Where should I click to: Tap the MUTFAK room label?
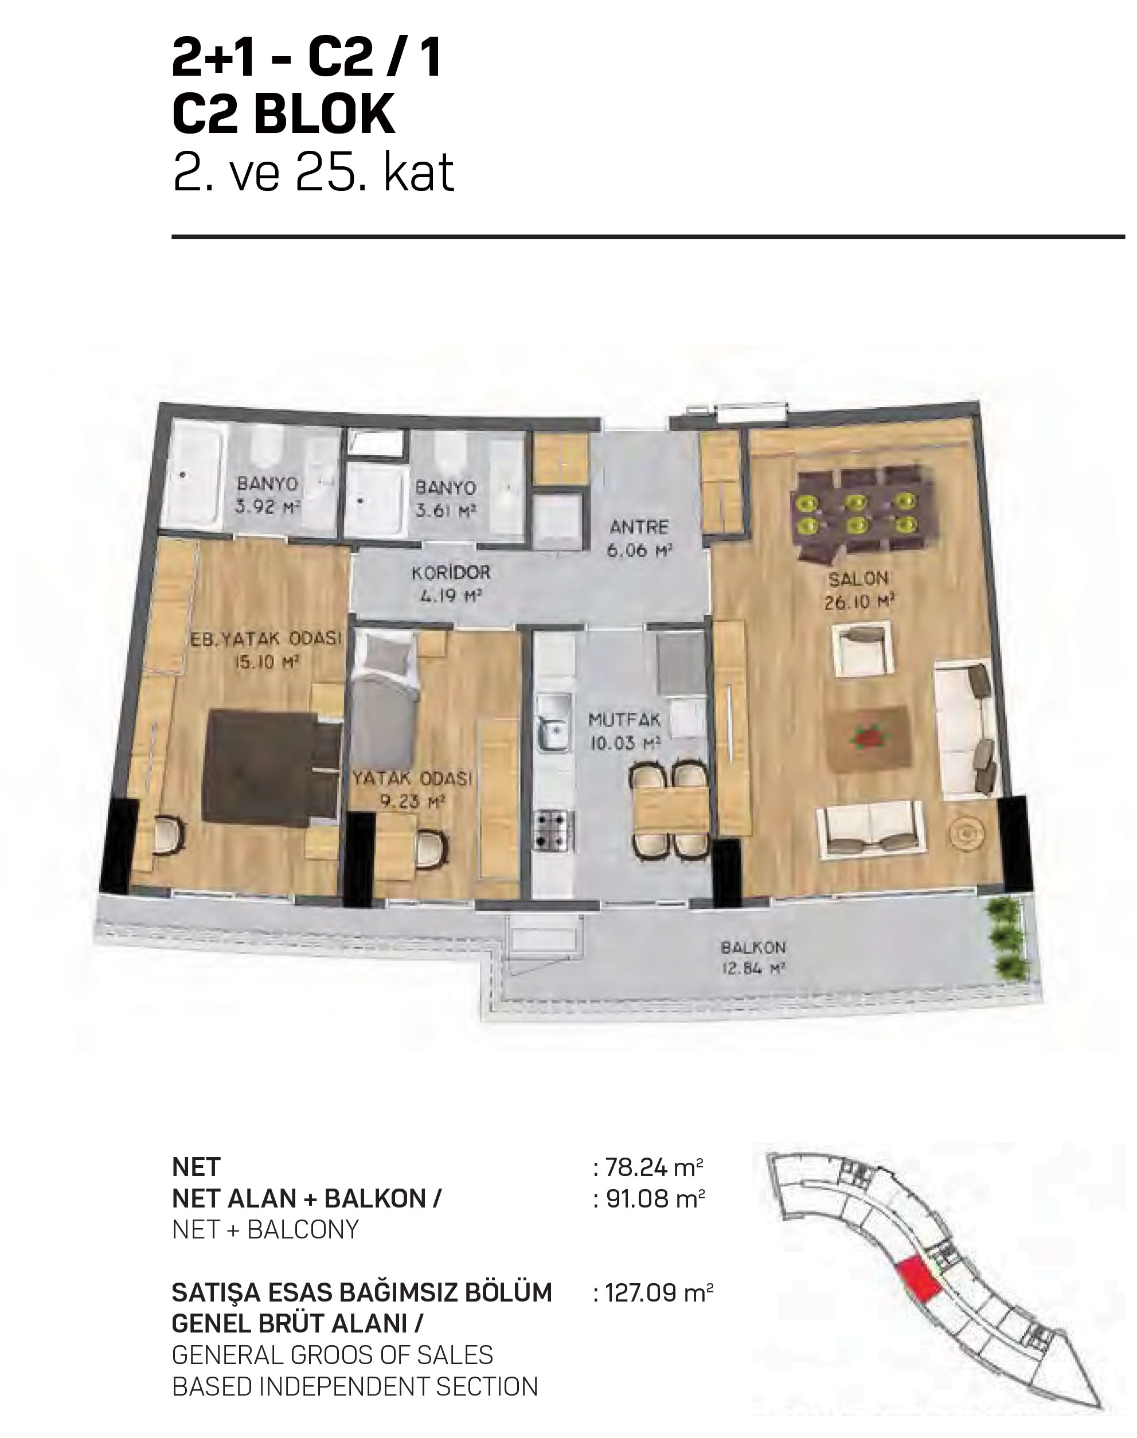(x=624, y=719)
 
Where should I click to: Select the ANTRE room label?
(x=638, y=527)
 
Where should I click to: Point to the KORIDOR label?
(x=451, y=572)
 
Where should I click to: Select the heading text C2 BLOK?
(x=284, y=115)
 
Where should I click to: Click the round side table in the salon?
(x=967, y=832)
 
